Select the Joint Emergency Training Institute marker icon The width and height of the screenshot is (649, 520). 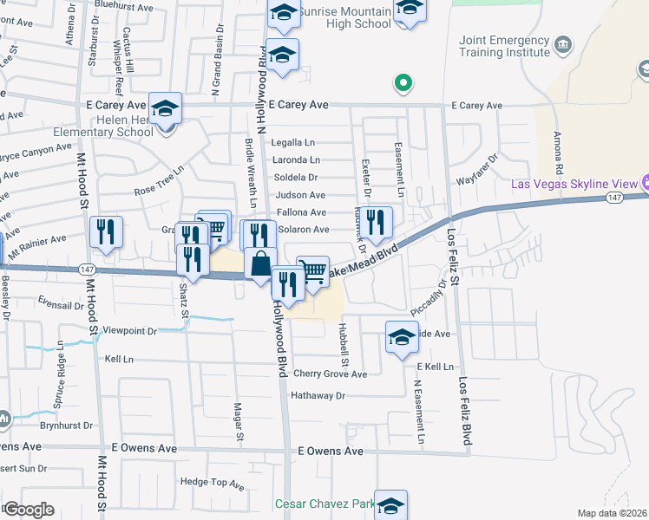pyautogui.click(x=564, y=44)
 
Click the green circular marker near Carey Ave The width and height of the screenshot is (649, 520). pyautogui.click(x=403, y=84)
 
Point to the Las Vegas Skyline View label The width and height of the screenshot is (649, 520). pyautogui.click(x=574, y=184)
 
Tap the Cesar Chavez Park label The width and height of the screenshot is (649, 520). pyautogui.click(x=324, y=504)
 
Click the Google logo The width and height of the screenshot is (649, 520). pyautogui.click(x=29, y=509)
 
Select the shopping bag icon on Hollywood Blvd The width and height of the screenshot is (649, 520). pyautogui.click(x=260, y=263)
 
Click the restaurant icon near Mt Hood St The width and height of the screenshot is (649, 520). pyautogui.click(x=106, y=232)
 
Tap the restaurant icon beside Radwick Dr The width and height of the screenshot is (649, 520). pyautogui.click(x=376, y=222)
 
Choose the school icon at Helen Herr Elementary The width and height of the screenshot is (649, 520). pyautogui.click(x=165, y=109)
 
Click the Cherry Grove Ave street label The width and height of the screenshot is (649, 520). pyautogui.click(x=330, y=374)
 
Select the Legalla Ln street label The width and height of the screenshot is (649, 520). pyautogui.click(x=293, y=142)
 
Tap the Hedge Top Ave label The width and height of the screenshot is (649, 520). pyautogui.click(x=212, y=482)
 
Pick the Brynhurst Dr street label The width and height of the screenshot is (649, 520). pyautogui.click(x=65, y=426)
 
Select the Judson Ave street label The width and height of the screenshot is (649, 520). pyautogui.click(x=300, y=195)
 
